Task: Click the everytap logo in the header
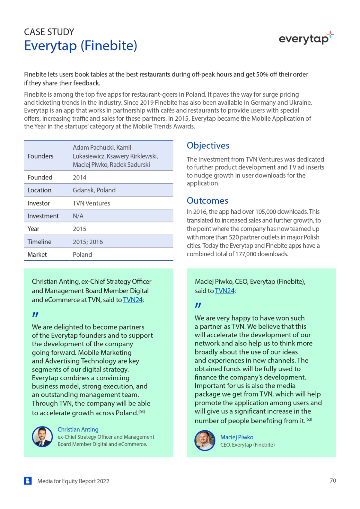(x=306, y=38)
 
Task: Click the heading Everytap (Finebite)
(x=80, y=46)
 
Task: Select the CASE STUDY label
(x=49, y=32)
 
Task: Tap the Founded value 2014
(x=79, y=177)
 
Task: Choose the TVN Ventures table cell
(x=91, y=203)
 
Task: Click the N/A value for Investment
(x=78, y=216)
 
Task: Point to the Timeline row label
(x=39, y=242)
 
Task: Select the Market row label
(x=37, y=255)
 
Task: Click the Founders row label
(x=40, y=156)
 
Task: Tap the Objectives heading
(x=208, y=146)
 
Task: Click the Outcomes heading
(x=207, y=201)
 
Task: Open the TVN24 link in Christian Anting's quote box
(x=133, y=300)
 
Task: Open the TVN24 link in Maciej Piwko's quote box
(x=224, y=291)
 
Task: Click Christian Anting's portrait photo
(x=42, y=437)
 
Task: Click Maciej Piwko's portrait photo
(x=205, y=441)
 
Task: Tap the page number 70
(x=333, y=480)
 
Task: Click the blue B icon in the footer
(x=28, y=481)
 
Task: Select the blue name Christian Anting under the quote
(x=78, y=429)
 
